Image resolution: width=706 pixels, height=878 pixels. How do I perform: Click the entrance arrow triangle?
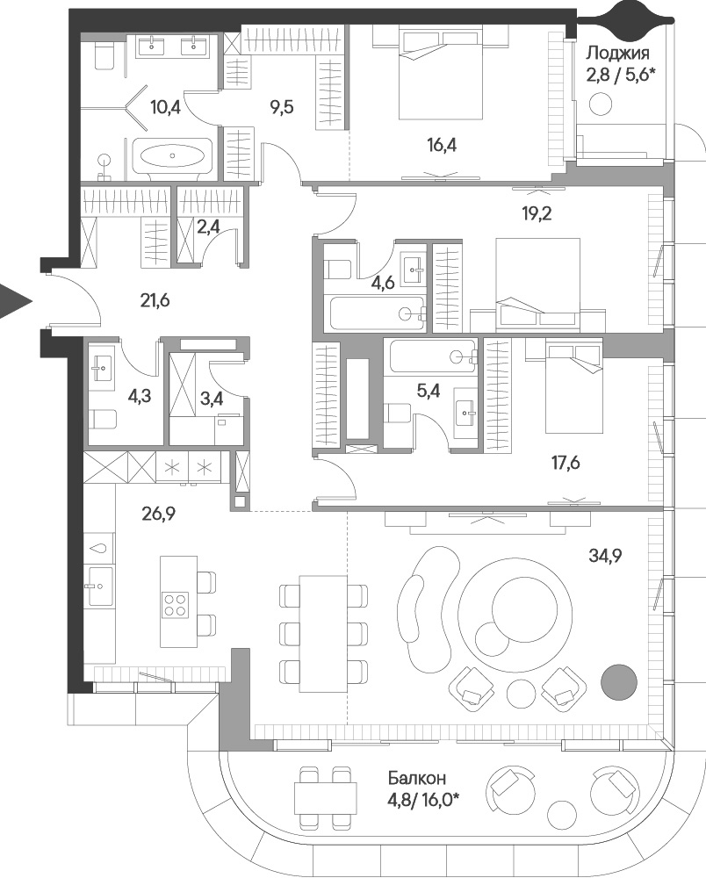coord(13,301)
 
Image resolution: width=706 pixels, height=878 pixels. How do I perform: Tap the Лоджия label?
coord(617,54)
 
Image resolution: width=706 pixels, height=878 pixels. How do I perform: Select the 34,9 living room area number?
coord(606,556)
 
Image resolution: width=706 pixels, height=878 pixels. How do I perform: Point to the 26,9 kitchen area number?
coord(158,514)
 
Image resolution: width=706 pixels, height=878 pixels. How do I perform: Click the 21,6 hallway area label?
coord(155,301)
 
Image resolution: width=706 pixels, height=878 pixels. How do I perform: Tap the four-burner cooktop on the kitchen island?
coord(174,605)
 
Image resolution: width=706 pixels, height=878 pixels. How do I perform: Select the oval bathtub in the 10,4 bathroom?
coord(172,157)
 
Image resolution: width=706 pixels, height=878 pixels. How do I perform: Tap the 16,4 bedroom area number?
coord(443,145)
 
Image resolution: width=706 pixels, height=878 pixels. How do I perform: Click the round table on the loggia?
coord(601,104)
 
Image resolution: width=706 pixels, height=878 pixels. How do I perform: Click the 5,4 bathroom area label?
coord(428,391)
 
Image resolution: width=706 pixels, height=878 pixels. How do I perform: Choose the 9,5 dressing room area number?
coord(282,106)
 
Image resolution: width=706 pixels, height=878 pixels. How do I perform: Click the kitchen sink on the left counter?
coord(99,587)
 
